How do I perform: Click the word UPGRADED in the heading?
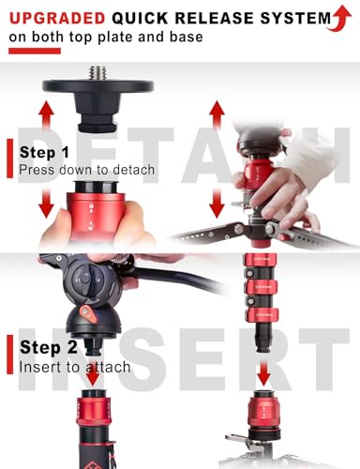(x=57, y=18)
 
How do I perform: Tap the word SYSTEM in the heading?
(x=295, y=18)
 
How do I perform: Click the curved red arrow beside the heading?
(x=339, y=18)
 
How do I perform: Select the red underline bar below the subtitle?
(x=35, y=51)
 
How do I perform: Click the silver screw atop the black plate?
(x=97, y=73)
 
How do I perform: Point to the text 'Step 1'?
(x=44, y=152)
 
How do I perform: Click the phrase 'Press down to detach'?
(x=87, y=170)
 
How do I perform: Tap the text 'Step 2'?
(x=48, y=347)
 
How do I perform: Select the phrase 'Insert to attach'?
(x=75, y=367)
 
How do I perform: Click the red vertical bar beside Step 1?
(x=10, y=159)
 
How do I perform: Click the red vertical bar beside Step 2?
(x=10, y=355)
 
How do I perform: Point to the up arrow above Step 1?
(x=47, y=114)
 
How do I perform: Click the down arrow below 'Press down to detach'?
(x=47, y=204)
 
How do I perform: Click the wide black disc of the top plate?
(x=98, y=85)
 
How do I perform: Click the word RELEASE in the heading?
(x=214, y=18)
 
